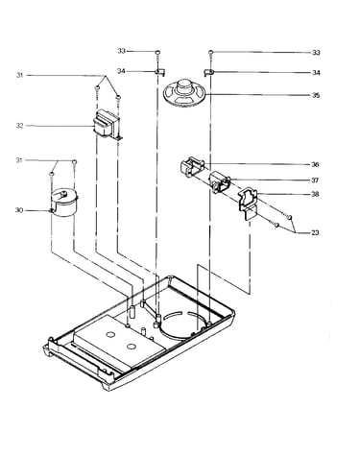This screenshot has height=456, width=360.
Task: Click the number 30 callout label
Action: (19, 210)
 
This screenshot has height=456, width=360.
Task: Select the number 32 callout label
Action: (20, 126)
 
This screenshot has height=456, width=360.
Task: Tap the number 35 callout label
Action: (316, 95)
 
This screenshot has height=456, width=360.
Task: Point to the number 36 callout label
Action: (315, 165)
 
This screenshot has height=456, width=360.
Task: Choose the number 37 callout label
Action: (315, 180)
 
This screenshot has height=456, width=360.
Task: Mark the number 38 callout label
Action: (315, 194)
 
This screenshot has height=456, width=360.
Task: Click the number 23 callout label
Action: (315, 232)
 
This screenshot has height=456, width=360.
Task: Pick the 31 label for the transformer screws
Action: (20, 76)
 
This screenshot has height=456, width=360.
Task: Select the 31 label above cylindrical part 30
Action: (20, 160)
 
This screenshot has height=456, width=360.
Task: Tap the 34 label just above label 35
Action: (316, 73)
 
